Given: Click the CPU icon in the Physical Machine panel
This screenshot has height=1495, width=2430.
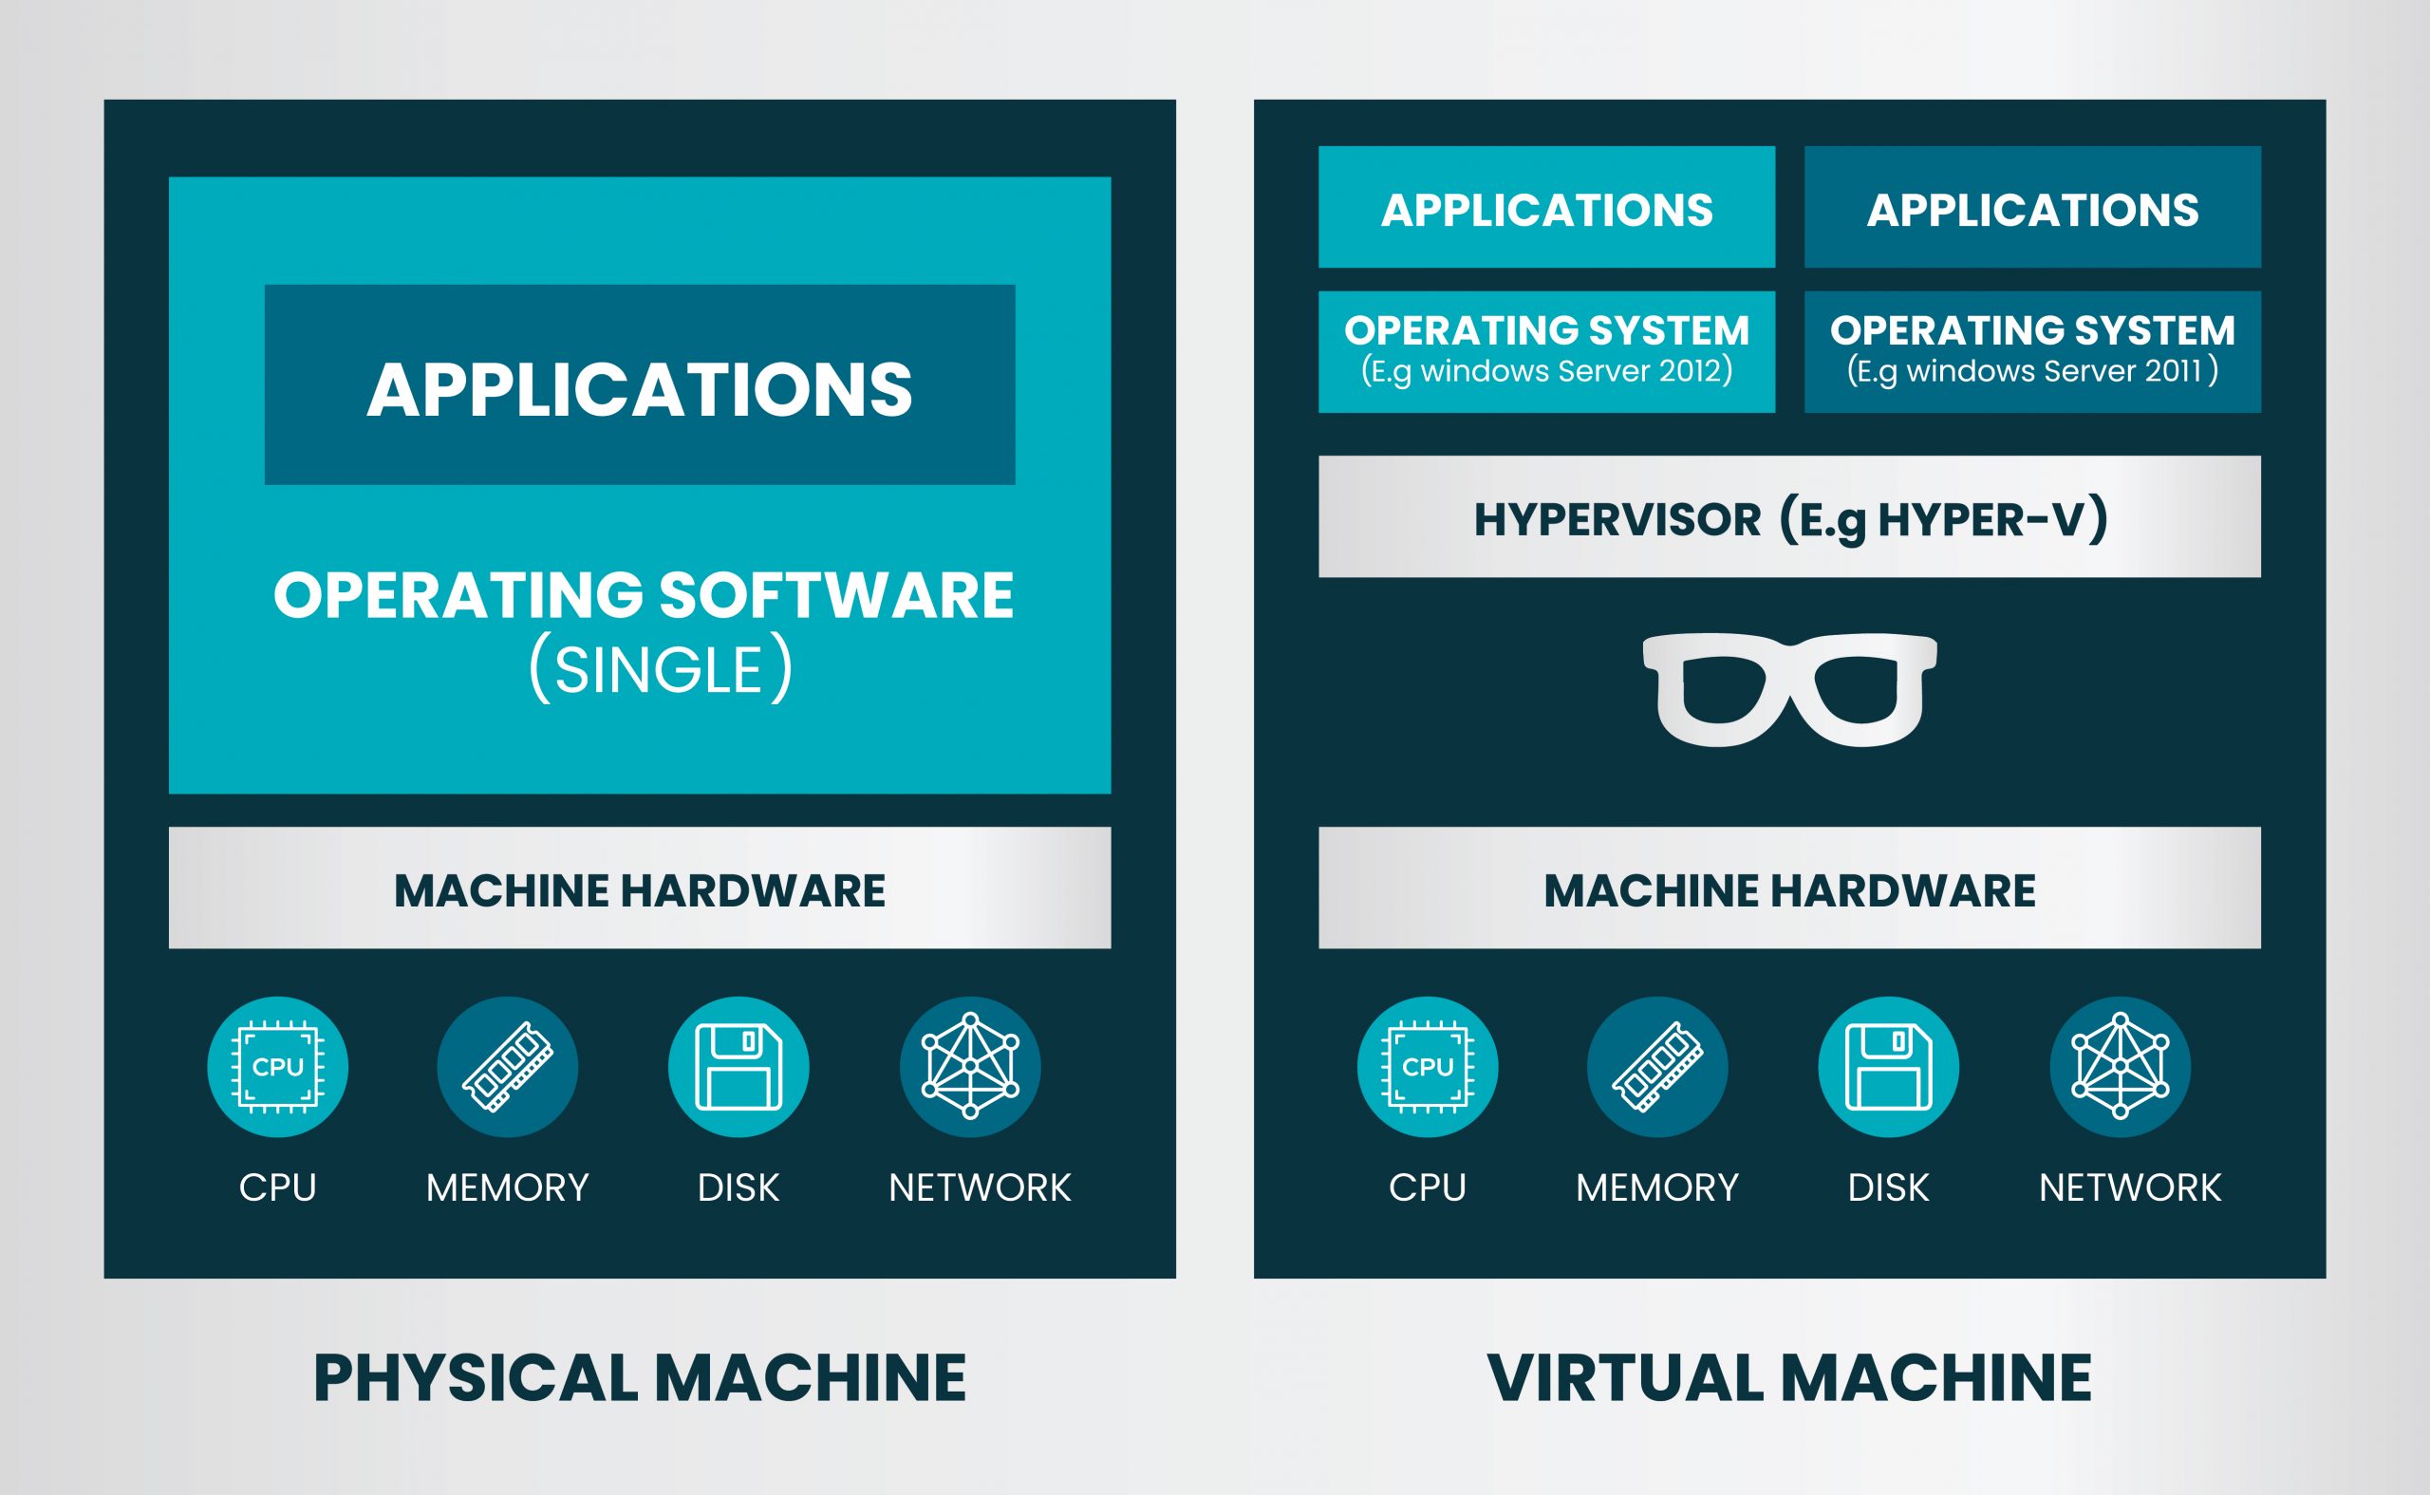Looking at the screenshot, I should pos(277,1067).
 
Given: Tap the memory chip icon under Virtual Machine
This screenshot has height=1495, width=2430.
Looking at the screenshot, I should pos(1657,1067).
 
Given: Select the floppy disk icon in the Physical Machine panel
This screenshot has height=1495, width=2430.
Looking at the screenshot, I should pos(738,1067).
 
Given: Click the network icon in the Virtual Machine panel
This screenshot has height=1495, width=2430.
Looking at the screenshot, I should pos(2120,1067).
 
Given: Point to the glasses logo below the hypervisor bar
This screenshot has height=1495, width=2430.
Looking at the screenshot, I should pos(1789,689).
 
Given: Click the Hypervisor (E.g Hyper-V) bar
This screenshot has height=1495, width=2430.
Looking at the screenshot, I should pos(1789,517).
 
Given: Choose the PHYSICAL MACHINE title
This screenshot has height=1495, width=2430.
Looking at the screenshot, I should pos(640,1377).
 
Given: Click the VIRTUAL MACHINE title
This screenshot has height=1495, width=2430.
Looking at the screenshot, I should pos(1789,1377).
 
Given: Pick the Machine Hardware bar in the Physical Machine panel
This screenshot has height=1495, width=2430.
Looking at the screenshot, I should pos(640,888).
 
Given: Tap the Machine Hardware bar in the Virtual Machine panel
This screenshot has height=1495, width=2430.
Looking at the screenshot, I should pos(1789,888).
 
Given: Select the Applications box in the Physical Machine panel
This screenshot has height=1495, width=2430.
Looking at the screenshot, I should pos(640,385).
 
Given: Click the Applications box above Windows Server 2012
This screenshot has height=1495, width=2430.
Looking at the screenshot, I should pos(1546,208).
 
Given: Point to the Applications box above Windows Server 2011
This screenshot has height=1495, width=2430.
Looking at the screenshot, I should pos(2032,208).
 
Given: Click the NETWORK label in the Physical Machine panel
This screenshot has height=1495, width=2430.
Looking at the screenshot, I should pos(979,1187).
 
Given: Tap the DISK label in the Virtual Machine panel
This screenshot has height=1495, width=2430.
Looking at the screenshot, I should pos(1888,1187).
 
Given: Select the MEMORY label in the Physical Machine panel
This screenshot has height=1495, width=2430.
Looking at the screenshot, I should pos(507,1187).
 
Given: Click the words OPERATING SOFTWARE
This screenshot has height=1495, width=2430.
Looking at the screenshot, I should pos(643,595).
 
